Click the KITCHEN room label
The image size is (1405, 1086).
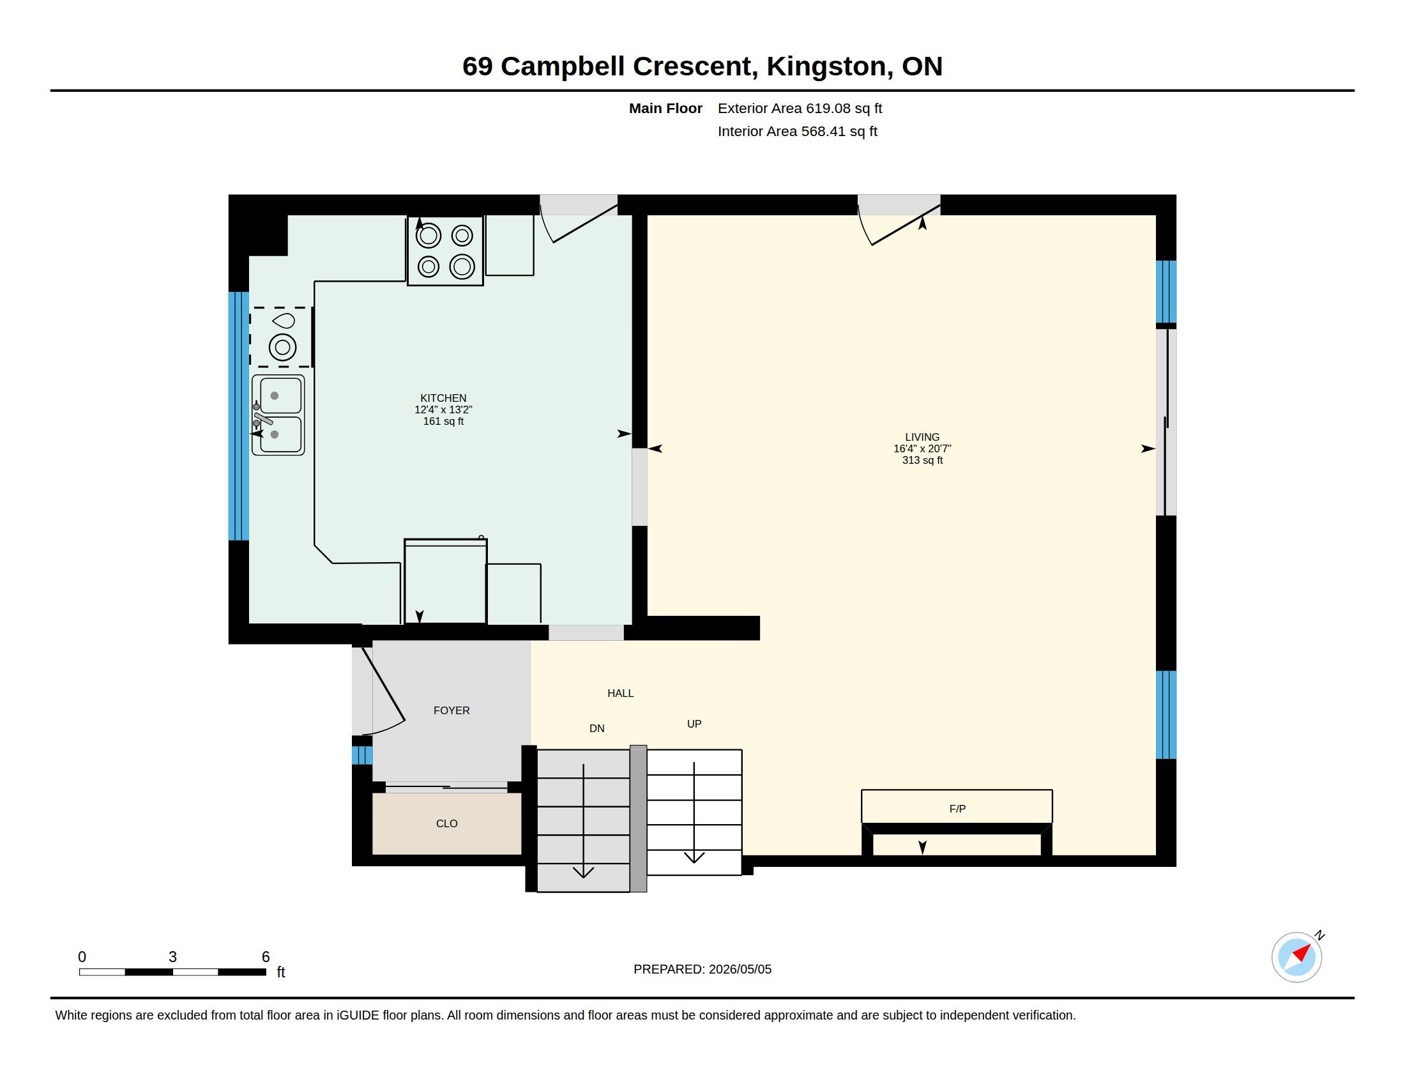pyautogui.click(x=443, y=398)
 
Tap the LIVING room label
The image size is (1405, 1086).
pyautogui.click(x=922, y=437)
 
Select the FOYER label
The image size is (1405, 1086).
pyautogui.click(x=452, y=710)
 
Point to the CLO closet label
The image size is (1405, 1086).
pyautogui.click(x=446, y=823)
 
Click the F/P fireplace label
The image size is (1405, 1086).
pyautogui.click(x=957, y=809)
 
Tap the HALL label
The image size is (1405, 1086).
pyautogui.click(x=620, y=693)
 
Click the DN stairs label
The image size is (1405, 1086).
pyautogui.click(x=597, y=728)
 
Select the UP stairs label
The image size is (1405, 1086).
pyautogui.click(x=694, y=724)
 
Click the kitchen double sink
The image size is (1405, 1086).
pyautogui.click(x=278, y=416)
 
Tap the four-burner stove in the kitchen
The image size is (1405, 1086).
pyautogui.click(x=445, y=251)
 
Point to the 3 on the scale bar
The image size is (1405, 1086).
pyautogui.click(x=172, y=957)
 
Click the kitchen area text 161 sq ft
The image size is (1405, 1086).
pyautogui.click(x=443, y=422)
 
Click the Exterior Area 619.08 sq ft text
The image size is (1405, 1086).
pyautogui.click(x=800, y=108)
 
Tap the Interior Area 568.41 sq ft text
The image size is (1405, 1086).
pyautogui.click(x=797, y=131)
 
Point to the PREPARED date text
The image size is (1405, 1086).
pyautogui.click(x=702, y=969)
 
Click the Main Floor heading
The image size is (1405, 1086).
pyautogui.click(x=665, y=108)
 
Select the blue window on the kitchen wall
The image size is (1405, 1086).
pyautogui.click(x=239, y=417)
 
